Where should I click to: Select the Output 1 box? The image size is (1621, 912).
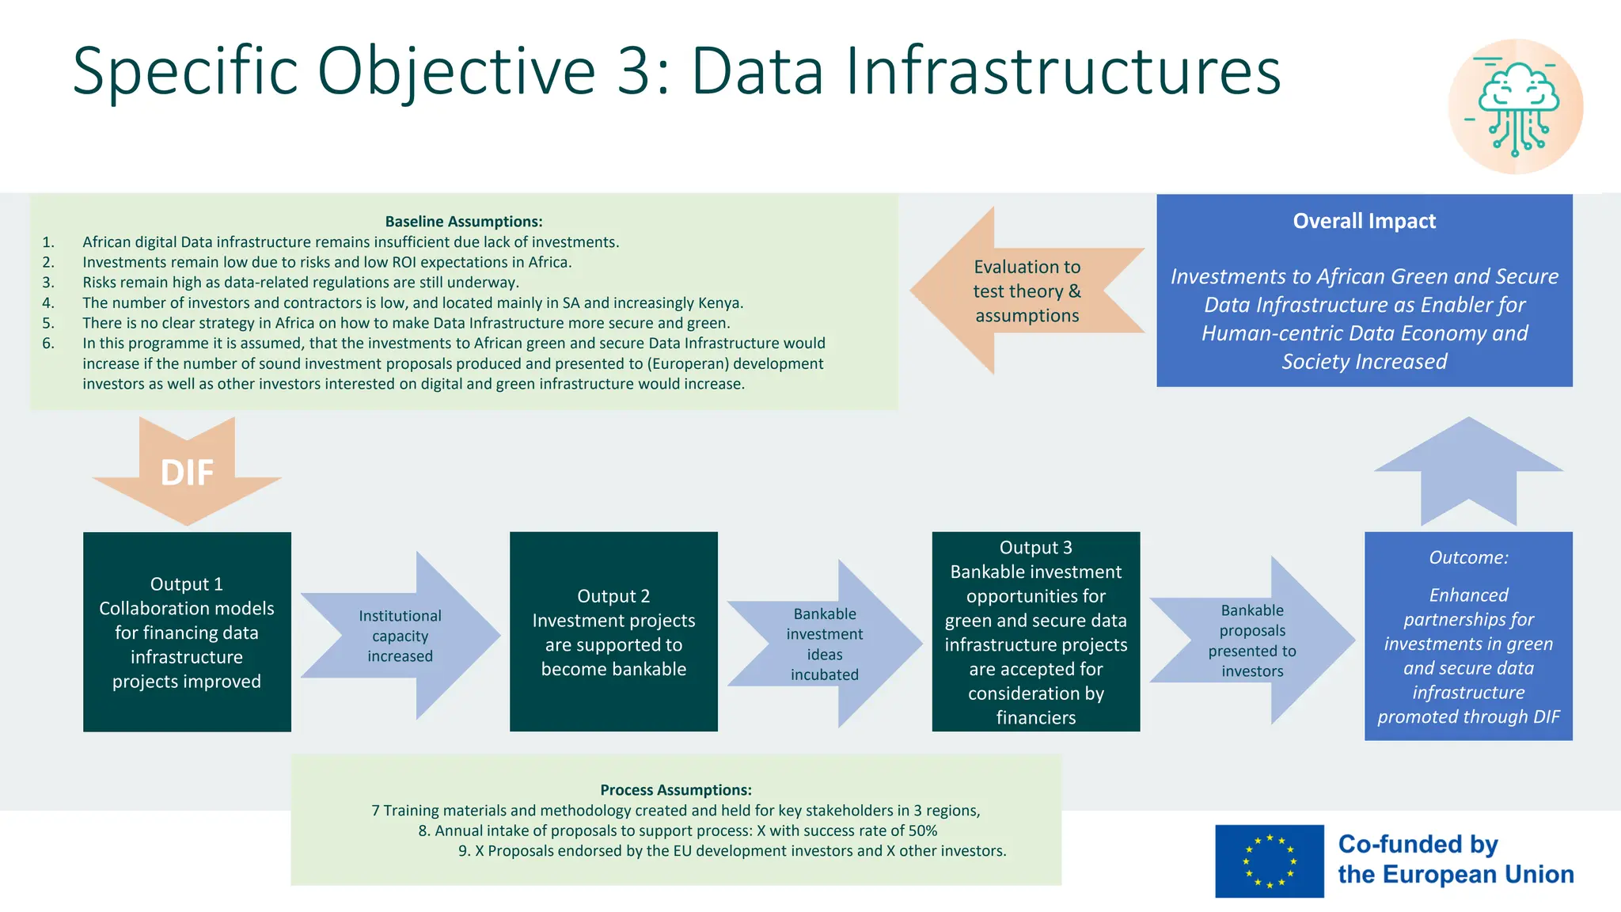187,632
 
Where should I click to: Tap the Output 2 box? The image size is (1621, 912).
613,632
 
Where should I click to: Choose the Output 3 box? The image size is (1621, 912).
1035,632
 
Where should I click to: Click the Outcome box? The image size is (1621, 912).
1468,636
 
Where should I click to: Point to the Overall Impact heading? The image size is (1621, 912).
1364,221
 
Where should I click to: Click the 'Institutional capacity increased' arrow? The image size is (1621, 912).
401,636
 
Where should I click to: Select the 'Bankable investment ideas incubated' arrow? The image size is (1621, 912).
825,644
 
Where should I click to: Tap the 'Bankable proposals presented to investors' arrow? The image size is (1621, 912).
1252,640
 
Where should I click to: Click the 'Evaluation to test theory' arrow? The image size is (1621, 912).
1027,291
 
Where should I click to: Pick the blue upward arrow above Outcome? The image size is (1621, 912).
1468,471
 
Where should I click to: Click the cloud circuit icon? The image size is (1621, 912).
1515,107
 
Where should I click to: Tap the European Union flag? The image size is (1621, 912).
1269,861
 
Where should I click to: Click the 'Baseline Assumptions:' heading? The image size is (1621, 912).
464,222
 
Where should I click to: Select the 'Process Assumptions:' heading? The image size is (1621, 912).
676,790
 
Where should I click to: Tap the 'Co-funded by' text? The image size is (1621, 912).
1418,845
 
